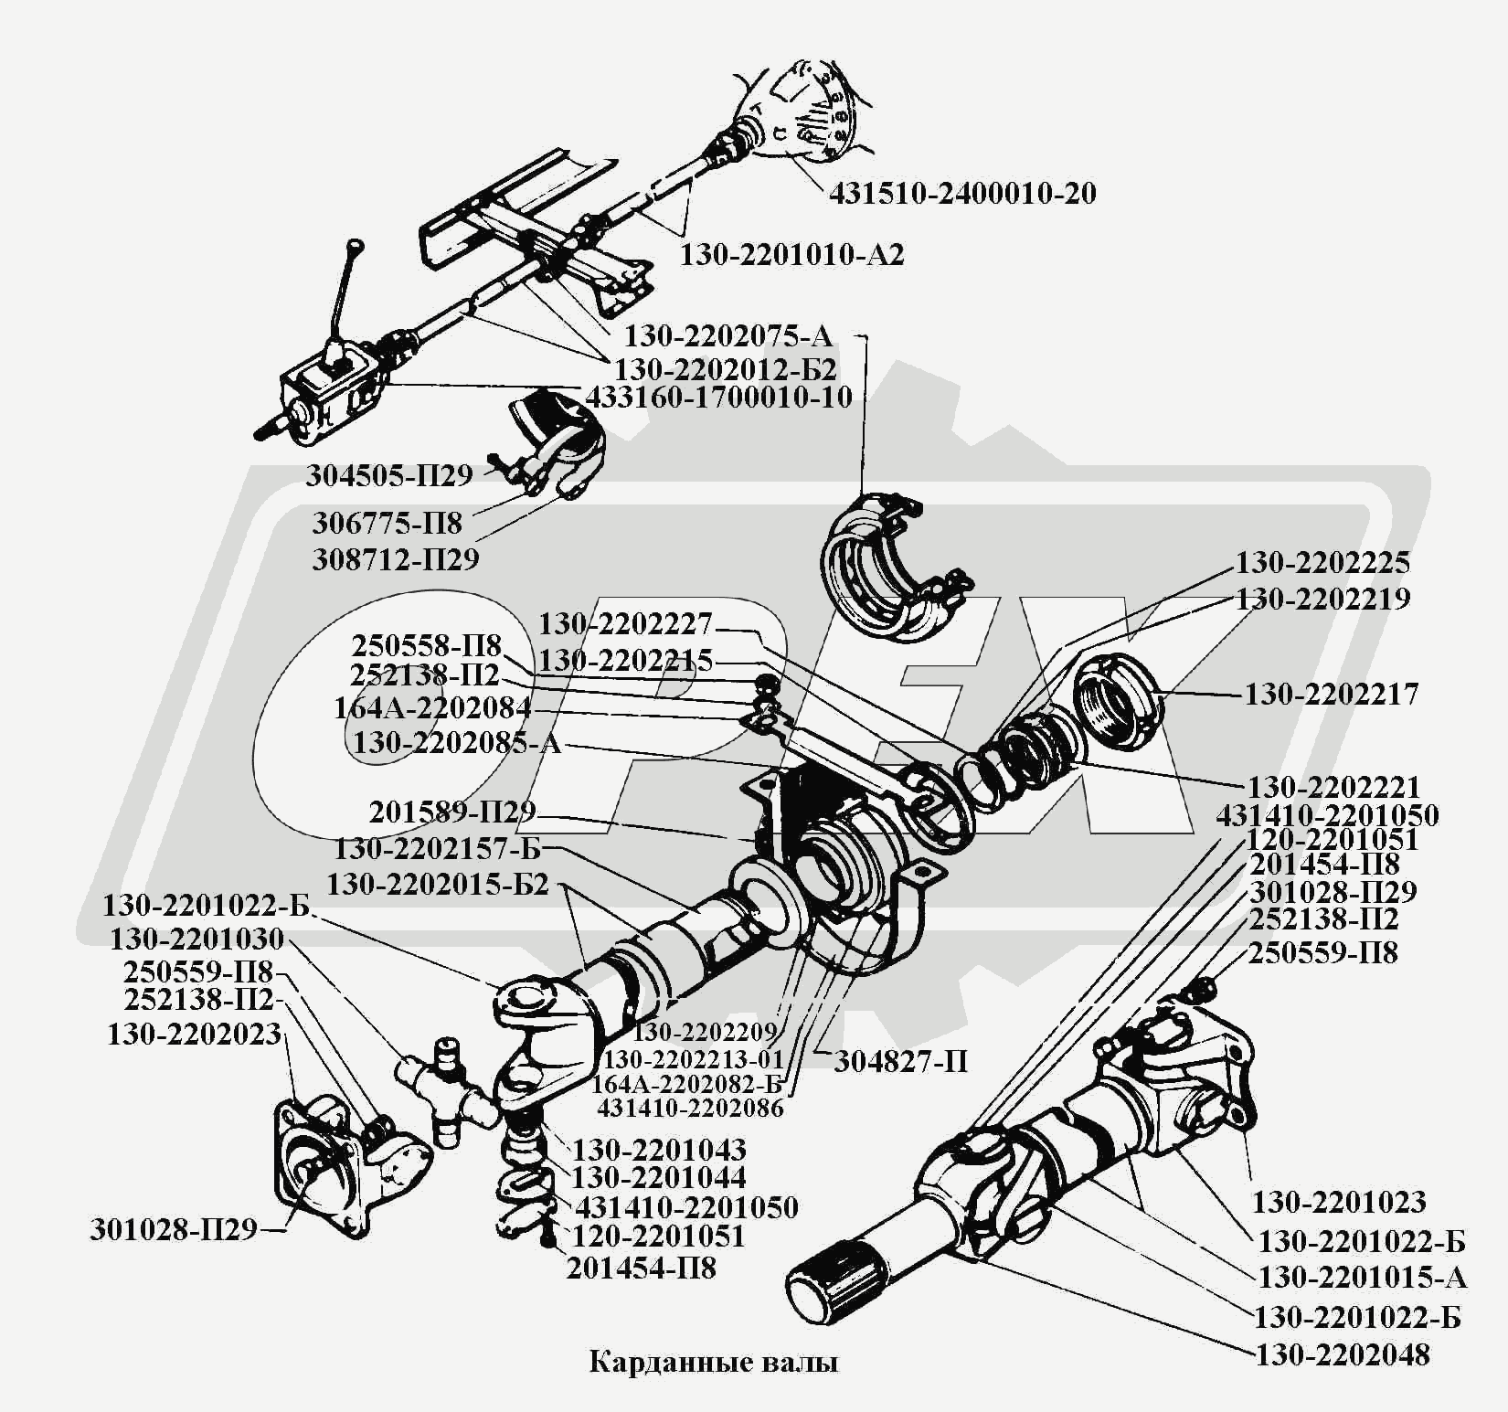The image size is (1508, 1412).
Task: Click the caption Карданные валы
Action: pos(714,1363)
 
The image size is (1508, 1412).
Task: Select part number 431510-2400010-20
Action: pos(962,194)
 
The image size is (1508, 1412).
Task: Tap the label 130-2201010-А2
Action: pos(791,254)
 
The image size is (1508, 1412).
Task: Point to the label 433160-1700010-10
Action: pos(718,398)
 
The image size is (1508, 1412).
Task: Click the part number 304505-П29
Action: pos(389,475)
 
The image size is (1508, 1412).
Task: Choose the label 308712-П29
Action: pos(396,558)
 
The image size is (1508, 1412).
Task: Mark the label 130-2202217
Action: pos(1332,694)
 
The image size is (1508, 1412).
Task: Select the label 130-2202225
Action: pos(1323,562)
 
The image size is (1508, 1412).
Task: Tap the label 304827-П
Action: pos(900,1061)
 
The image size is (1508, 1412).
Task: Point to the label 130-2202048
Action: pos(1343,1354)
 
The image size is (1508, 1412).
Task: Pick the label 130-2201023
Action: pos(1339,1202)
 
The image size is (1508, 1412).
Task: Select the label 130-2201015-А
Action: pos(1363,1277)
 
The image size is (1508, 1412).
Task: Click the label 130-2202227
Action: pos(625,624)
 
